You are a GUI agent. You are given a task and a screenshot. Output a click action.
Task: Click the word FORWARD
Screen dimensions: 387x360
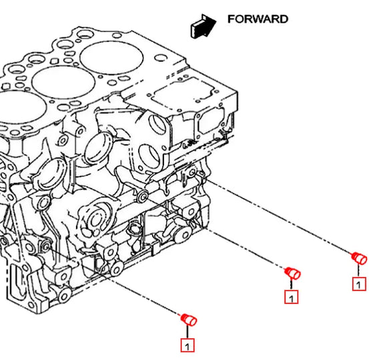258,19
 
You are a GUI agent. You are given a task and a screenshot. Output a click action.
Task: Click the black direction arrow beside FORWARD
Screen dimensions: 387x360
203,27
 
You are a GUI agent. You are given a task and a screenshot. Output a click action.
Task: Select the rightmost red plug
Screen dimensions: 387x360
360,258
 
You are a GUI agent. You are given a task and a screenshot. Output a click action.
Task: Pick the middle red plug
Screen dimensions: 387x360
292,273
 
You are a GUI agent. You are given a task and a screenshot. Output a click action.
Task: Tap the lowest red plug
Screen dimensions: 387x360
189,320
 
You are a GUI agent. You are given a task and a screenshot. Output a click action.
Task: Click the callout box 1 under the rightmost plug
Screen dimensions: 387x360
359,284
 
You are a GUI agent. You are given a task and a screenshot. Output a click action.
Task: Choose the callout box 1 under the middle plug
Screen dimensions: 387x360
292,297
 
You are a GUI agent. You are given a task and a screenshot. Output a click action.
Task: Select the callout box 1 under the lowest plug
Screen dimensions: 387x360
187,345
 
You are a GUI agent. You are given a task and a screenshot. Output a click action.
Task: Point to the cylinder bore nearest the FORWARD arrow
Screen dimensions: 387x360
111,57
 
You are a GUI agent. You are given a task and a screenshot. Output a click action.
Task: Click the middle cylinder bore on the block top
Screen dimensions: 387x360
63,83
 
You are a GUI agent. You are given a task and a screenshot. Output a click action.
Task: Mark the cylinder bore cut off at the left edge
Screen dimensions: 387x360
22,108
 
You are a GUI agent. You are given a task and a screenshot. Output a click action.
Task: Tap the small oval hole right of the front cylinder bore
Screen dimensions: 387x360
161,58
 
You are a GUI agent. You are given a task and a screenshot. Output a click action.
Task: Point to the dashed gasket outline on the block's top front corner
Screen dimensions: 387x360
183,94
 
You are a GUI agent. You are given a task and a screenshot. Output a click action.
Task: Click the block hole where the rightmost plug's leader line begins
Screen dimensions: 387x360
193,172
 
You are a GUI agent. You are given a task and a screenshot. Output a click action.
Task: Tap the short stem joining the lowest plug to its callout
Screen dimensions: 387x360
187,332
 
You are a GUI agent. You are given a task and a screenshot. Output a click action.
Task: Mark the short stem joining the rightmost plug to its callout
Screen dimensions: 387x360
358,271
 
